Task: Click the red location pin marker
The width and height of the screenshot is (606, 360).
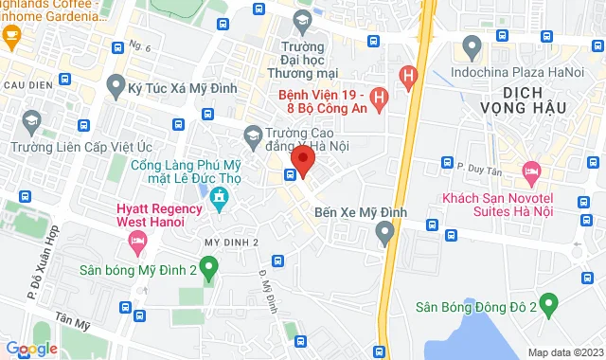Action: pos(302,159)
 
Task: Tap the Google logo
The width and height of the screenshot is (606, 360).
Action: pos(31,349)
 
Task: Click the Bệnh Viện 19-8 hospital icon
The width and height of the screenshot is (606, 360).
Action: pos(379,96)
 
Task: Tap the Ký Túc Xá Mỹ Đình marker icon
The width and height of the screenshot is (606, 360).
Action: pos(116,87)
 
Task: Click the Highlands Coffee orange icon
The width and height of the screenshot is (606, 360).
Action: pos(12,37)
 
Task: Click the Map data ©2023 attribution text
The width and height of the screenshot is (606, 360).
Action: pos(564,352)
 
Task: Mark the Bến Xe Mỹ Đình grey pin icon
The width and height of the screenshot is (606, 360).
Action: pos(384,232)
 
